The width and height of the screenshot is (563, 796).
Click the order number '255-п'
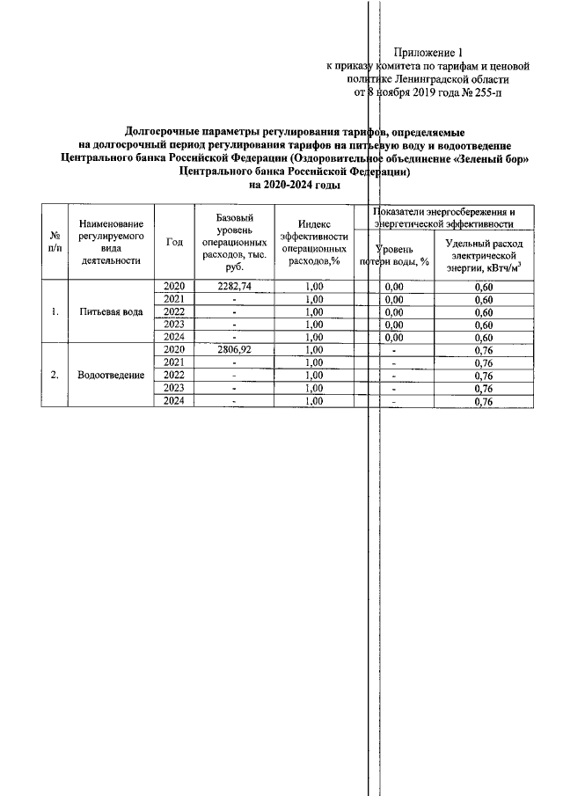[x=490, y=91]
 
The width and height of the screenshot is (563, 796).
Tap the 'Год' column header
[x=174, y=243]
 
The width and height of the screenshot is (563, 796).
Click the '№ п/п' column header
[x=55, y=243]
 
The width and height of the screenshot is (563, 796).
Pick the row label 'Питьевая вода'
[x=110, y=312]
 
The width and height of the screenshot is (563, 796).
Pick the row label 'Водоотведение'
[x=110, y=376]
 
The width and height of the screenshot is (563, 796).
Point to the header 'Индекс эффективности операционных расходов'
[x=313, y=243]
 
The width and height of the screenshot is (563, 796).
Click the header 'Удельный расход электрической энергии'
[x=483, y=256]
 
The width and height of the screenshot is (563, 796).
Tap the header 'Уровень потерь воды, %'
[x=394, y=256]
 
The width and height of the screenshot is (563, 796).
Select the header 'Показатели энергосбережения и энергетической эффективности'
[x=443, y=218]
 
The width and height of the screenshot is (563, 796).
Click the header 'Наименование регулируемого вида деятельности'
[x=110, y=243]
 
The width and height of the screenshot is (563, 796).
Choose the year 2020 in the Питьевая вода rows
[x=174, y=287]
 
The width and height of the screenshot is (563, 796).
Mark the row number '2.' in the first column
[x=55, y=376]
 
